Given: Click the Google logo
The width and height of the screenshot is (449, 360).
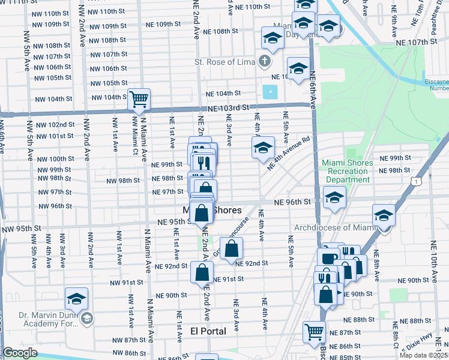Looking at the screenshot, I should pyautogui.click(x=20, y=353).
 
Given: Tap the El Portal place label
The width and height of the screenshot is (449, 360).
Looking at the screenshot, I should pyautogui.click(x=208, y=331).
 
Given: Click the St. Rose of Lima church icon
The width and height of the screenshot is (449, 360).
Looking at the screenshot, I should pyautogui.click(x=264, y=61).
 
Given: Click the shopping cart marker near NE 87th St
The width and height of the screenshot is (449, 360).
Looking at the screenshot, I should pyautogui.click(x=314, y=332).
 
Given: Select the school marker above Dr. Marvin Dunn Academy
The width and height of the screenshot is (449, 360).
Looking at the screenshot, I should pyautogui.click(x=76, y=299).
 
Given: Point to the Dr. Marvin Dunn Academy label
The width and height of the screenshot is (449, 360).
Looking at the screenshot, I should pyautogui.click(x=45, y=320).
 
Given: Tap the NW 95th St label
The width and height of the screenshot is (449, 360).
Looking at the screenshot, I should pyautogui.click(x=20, y=229).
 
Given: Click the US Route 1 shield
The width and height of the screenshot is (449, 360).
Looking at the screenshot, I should pyautogui.click(x=416, y=180).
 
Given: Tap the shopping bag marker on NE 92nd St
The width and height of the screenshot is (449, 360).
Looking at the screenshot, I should pyautogui.click(x=231, y=248).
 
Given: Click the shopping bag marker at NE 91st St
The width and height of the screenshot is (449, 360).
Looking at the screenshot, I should pyautogui.click(x=202, y=273).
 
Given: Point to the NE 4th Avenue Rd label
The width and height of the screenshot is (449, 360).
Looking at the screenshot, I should pyautogui.click(x=291, y=154).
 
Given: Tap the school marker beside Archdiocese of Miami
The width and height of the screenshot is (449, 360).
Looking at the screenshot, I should pyautogui.click(x=384, y=216).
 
